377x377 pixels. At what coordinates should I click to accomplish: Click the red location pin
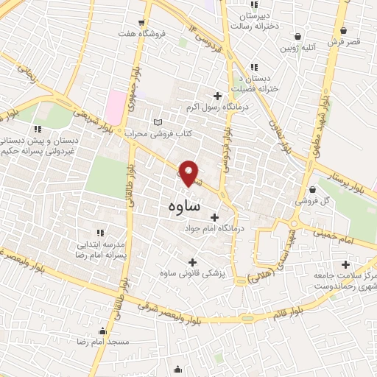(190, 173)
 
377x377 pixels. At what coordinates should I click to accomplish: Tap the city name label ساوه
(179, 208)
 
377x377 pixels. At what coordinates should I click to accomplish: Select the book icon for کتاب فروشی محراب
(156, 122)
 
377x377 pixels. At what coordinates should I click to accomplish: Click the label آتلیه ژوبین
(295, 49)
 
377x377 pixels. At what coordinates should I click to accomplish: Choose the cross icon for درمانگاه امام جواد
(215, 217)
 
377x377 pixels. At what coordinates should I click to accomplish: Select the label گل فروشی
(309, 200)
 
